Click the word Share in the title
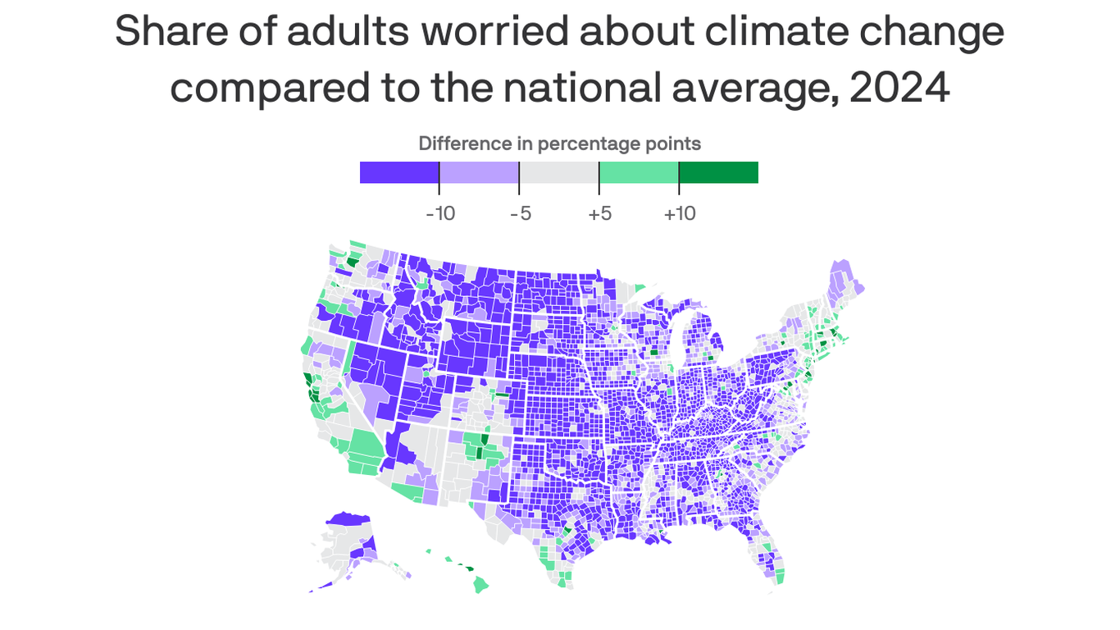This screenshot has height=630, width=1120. [x=163, y=32]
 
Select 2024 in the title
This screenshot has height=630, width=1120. [x=899, y=88]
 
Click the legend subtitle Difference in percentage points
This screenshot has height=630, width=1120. [x=559, y=144]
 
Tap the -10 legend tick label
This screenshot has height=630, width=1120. [x=440, y=214]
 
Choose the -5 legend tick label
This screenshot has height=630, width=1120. [x=520, y=214]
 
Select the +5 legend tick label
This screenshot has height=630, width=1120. [x=599, y=214]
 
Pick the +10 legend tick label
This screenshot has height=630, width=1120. [x=679, y=214]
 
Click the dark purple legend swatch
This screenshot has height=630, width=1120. [x=399, y=172]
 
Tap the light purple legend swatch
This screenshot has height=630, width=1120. [x=479, y=172]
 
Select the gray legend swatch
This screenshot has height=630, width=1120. [x=559, y=172]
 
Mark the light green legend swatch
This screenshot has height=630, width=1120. [x=639, y=172]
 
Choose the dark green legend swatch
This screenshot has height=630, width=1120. [x=718, y=172]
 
